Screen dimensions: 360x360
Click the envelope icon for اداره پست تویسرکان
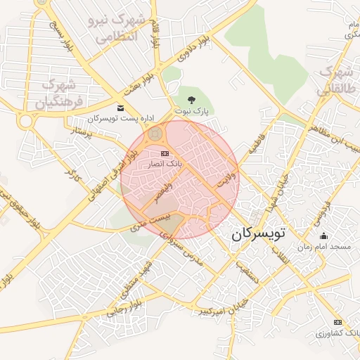120,108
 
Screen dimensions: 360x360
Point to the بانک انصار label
164,163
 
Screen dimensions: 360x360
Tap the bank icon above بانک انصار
165,153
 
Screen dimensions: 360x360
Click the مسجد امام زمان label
323,247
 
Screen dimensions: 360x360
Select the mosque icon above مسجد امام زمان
323,236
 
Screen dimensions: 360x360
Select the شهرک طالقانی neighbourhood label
335,81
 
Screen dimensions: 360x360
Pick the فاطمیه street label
255,143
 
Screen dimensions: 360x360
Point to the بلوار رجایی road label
125,307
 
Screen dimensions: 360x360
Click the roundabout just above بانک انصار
156,133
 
